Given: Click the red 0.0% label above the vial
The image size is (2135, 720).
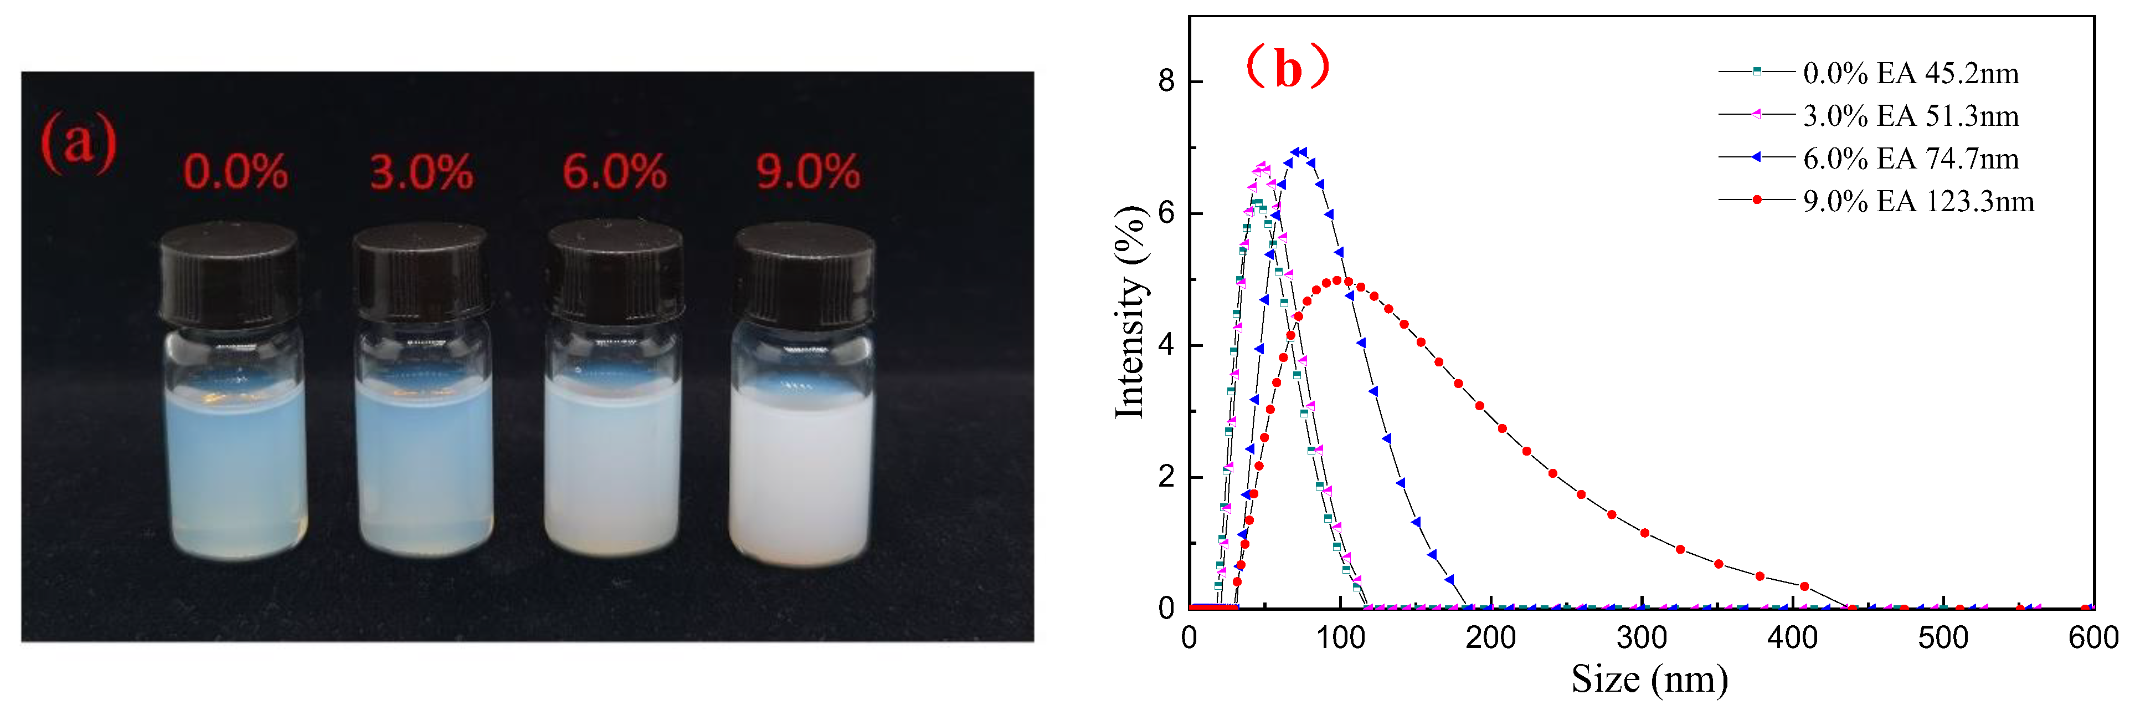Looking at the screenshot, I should click(x=235, y=172).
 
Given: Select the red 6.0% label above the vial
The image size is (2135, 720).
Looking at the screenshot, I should click(x=614, y=172).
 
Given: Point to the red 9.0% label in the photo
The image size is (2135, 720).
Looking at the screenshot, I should click(x=808, y=172).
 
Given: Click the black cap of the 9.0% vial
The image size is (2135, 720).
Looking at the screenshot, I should click(x=804, y=274).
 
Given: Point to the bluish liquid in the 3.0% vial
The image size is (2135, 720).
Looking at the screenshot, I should click(x=424, y=464).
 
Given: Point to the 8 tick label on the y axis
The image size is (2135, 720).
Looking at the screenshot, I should click(x=1166, y=81).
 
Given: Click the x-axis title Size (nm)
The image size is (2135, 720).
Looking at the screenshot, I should click(x=1649, y=680).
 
